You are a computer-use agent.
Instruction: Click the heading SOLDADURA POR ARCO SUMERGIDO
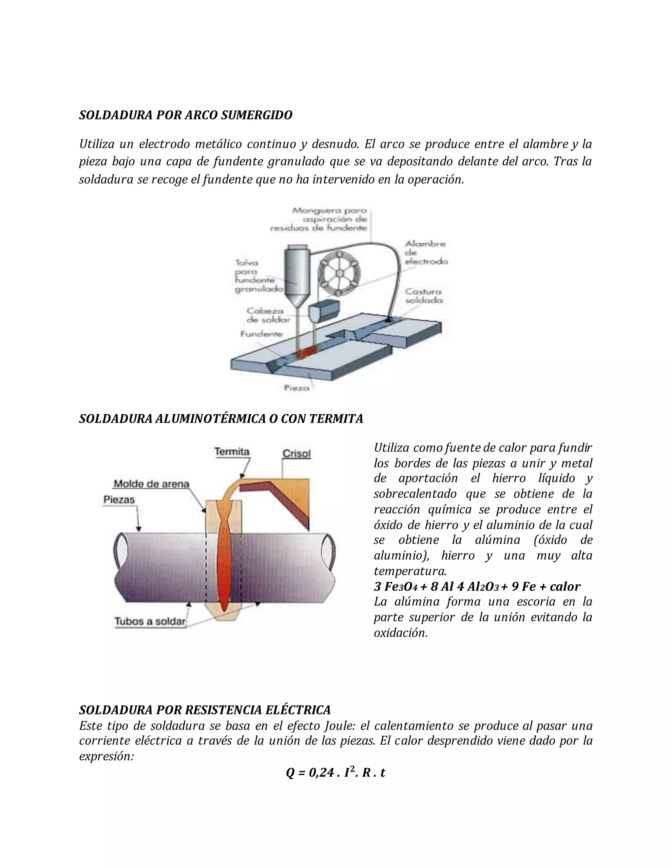pos(186,115)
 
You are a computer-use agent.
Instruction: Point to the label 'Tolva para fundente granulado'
pos(259,276)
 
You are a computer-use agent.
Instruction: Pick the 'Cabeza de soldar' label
pos(265,315)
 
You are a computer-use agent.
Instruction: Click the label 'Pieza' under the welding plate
pos(297,387)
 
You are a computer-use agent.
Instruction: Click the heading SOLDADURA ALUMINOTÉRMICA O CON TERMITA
pos(221,419)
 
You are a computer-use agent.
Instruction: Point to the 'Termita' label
pos(232,451)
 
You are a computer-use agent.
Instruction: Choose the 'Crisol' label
pos(297,453)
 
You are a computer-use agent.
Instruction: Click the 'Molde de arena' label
pos(151,484)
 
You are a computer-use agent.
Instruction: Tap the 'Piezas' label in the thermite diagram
pos(119,500)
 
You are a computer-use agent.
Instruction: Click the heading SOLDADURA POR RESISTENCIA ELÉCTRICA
pos(205,710)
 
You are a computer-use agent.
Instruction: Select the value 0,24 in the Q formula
pos(321,773)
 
